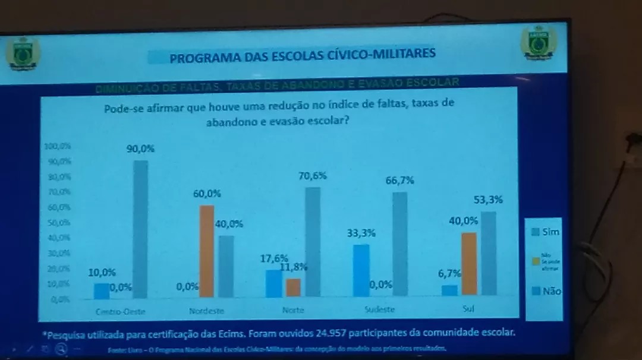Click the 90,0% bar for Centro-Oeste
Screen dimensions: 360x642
click(140, 229)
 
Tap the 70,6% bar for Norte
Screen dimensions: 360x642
click(313, 241)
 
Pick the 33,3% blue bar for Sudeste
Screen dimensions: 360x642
click(360, 270)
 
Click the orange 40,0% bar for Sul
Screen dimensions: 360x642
click(469, 263)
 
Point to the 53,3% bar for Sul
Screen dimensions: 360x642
click(489, 253)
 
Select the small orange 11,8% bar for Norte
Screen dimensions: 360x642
click(293, 287)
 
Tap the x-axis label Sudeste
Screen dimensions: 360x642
click(379, 310)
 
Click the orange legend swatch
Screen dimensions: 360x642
click(536, 261)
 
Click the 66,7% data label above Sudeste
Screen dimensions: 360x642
click(399, 181)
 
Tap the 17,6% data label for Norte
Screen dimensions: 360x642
click(274, 258)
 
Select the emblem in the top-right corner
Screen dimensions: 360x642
click(539, 43)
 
